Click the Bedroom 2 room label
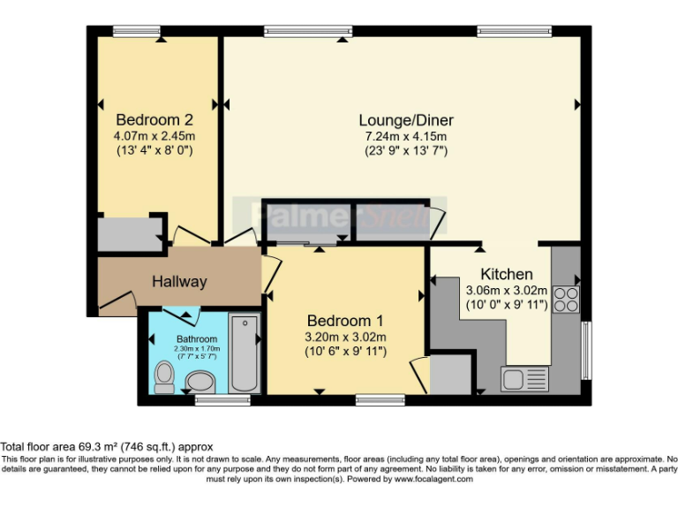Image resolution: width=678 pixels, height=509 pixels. pyautogui.click(x=154, y=120)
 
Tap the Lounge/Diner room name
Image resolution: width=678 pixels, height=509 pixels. pyautogui.click(x=406, y=120)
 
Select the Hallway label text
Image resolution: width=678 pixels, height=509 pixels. pyautogui.click(x=179, y=282)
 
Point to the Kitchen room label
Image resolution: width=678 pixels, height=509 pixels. pyautogui.click(x=506, y=274)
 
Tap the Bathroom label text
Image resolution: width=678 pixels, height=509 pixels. pyautogui.click(x=196, y=339)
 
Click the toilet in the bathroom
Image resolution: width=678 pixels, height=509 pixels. pyautogui.click(x=163, y=376)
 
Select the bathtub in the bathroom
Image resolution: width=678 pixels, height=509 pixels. pyautogui.click(x=244, y=353)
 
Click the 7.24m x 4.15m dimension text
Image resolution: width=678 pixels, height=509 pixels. pyautogui.click(x=406, y=136)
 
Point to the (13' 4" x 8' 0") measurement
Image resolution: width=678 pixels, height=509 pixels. pyautogui.click(x=154, y=151)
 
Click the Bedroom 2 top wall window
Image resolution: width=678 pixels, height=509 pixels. pyautogui.click(x=137, y=31)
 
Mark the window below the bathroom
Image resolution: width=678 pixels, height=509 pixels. pyautogui.click(x=210, y=400)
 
